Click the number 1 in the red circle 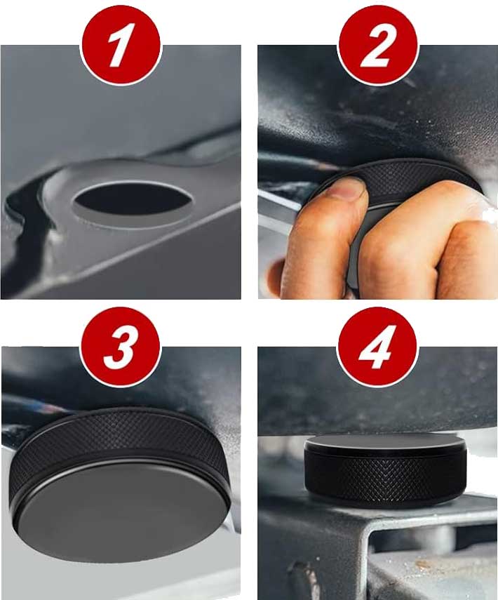(x=121, y=45)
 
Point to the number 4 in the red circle (x=377, y=347)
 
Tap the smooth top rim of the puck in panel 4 (x=386, y=443)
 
